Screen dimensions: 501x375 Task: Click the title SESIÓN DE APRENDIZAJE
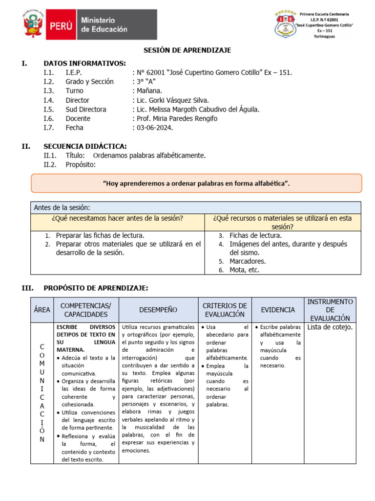pos(187,50)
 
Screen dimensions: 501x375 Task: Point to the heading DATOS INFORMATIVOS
pos(84,63)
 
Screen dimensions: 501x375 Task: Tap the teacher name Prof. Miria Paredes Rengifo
pos(177,118)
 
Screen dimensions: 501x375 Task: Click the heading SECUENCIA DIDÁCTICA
pos(85,146)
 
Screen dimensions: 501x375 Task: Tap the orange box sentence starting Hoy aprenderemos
pos(196,183)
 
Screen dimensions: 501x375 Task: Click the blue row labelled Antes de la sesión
pos(62,207)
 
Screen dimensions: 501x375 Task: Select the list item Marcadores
pos(248,261)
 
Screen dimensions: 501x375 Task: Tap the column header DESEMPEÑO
pos(158,310)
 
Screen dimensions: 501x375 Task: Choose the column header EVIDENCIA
pos(278,310)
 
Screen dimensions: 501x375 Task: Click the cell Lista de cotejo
pos(330,327)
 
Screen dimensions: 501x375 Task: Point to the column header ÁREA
pos(42,310)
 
